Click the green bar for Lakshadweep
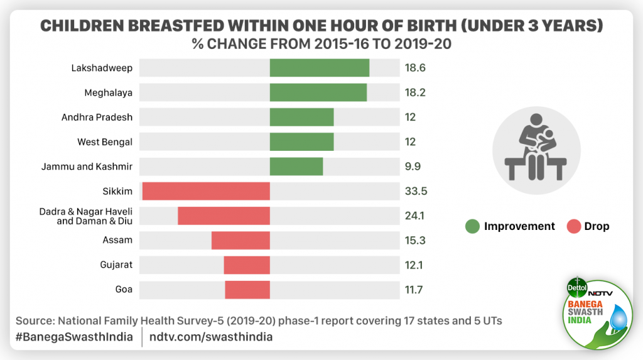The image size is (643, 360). point(319,68)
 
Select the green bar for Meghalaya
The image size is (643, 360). point(318,92)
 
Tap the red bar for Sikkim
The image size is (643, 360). point(206,191)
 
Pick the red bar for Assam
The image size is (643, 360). point(240,240)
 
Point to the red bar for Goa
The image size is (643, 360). point(247,290)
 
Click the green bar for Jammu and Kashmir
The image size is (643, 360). point(296,166)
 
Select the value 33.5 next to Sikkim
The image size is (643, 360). point(416,191)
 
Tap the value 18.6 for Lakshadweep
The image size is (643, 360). point(415,68)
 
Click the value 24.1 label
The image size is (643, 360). point(414,215)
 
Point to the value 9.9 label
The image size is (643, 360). point(413,166)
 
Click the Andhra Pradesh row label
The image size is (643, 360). point(97,117)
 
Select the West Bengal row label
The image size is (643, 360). point(105,142)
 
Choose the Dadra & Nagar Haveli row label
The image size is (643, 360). point(86,215)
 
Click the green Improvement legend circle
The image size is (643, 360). point(472,226)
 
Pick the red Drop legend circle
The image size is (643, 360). point(573,226)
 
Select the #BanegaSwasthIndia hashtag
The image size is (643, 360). point(74,337)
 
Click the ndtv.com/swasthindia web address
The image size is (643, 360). point(211,337)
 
